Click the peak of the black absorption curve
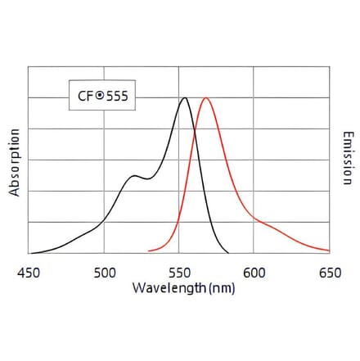click(x=185, y=98)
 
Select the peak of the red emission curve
click(x=206, y=98)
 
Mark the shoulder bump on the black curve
click(x=133, y=176)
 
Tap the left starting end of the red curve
click(x=148, y=250)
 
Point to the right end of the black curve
click(x=228, y=252)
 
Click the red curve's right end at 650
click(x=329, y=250)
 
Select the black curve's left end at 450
click(x=29, y=253)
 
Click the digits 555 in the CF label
click(x=115, y=96)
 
